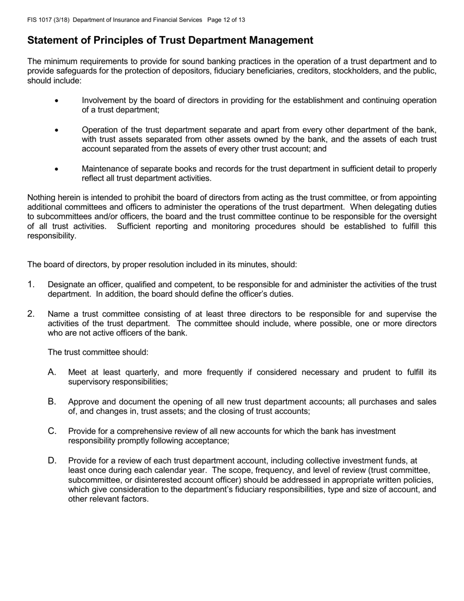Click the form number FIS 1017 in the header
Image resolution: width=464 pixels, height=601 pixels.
(x=39, y=20)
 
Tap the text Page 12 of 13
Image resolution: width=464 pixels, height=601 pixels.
(x=226, y=20)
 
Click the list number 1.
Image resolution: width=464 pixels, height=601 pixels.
(x=31, y=284)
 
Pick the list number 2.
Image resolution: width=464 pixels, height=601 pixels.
(x=31, y=314)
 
